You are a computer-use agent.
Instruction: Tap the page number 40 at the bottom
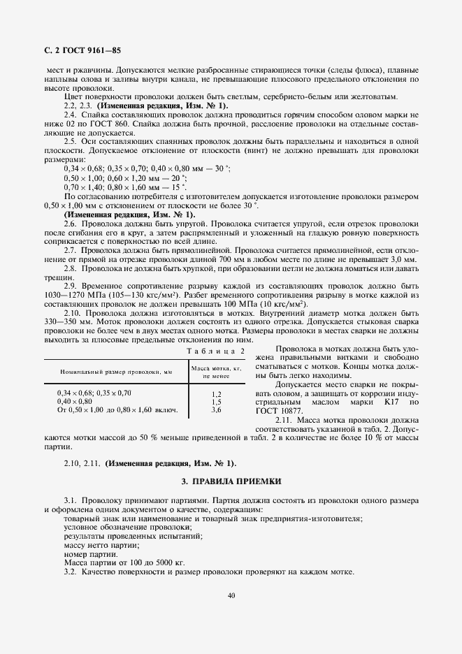231,596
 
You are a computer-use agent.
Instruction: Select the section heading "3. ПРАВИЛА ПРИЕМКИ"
231,481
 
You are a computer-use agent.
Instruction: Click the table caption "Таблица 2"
219,350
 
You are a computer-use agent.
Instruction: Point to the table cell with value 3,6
216,409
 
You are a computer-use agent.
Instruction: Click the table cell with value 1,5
216,402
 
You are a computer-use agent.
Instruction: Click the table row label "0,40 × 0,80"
74,402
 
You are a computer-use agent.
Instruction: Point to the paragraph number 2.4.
70,114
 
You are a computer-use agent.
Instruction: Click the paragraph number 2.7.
70,249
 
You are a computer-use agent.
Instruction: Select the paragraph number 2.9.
70,286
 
